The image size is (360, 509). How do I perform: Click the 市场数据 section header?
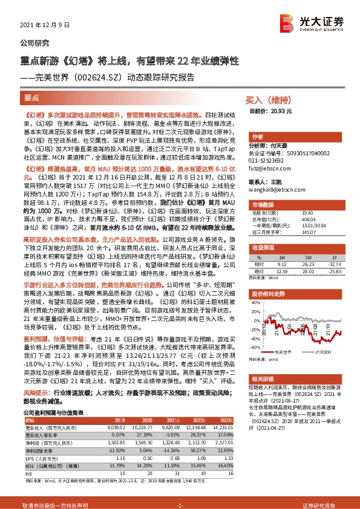[x=264, y=195]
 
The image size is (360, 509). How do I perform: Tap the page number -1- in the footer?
[x=179, y=503]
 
